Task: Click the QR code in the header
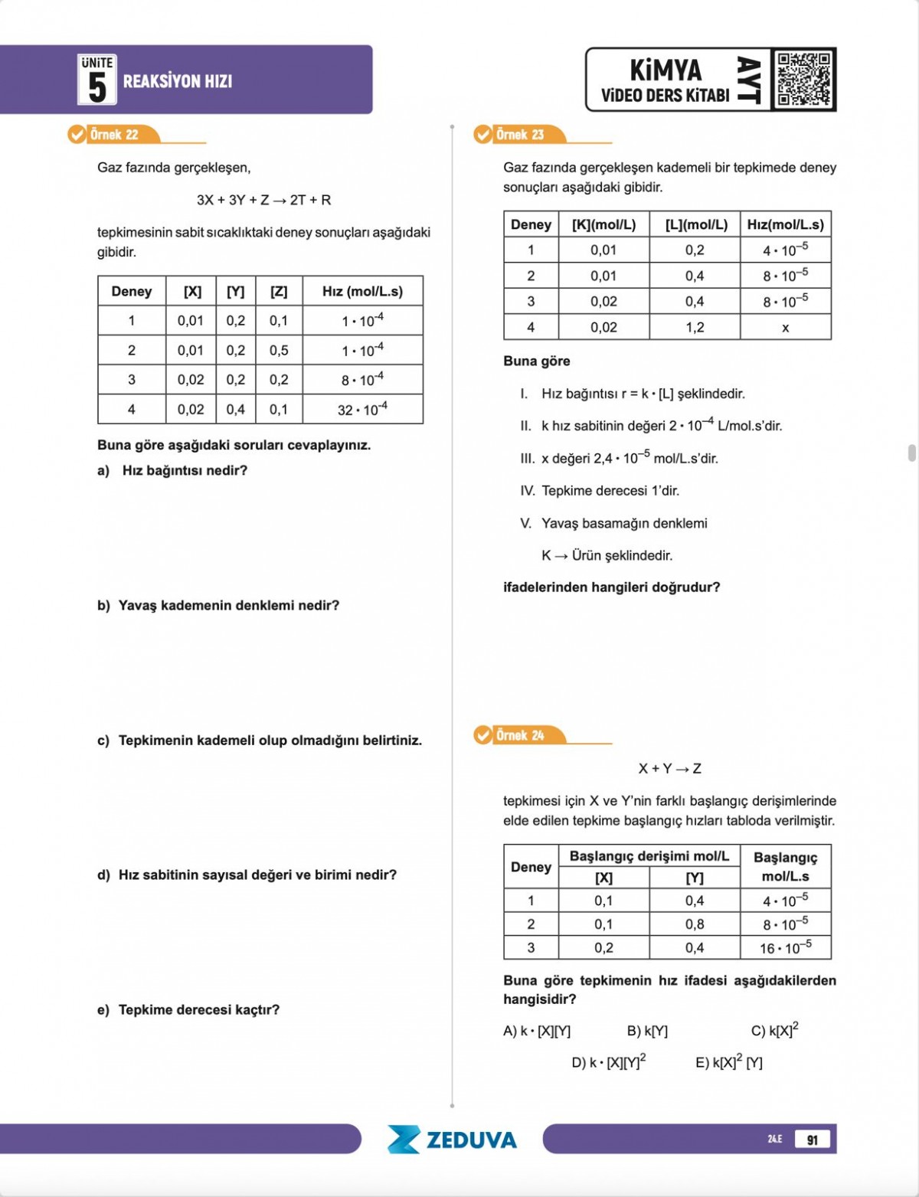tap(803, 79)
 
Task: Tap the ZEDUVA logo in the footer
tap(453, 1140)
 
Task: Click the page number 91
tap(812, 1140)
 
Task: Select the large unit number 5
tap(97, 86)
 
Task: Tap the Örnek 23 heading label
tap(519, 135)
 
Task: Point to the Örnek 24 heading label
tap(519, 735)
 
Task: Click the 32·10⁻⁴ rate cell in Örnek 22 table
tap(362, 410)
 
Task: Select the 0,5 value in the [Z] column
tap(279, 350)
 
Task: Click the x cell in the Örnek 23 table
tap(785, 328)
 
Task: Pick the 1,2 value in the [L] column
tap(695, 328)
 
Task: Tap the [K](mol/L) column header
tap(603, 224)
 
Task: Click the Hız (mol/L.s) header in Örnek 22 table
tap(362, 291)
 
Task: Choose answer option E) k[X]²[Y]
tap(728, 1062)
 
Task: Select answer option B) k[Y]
tap(647, 1031)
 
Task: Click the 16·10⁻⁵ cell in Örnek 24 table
tap(785, 948)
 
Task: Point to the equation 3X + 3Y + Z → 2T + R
tap(263, 200)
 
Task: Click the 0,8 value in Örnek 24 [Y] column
tap(695, 924)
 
